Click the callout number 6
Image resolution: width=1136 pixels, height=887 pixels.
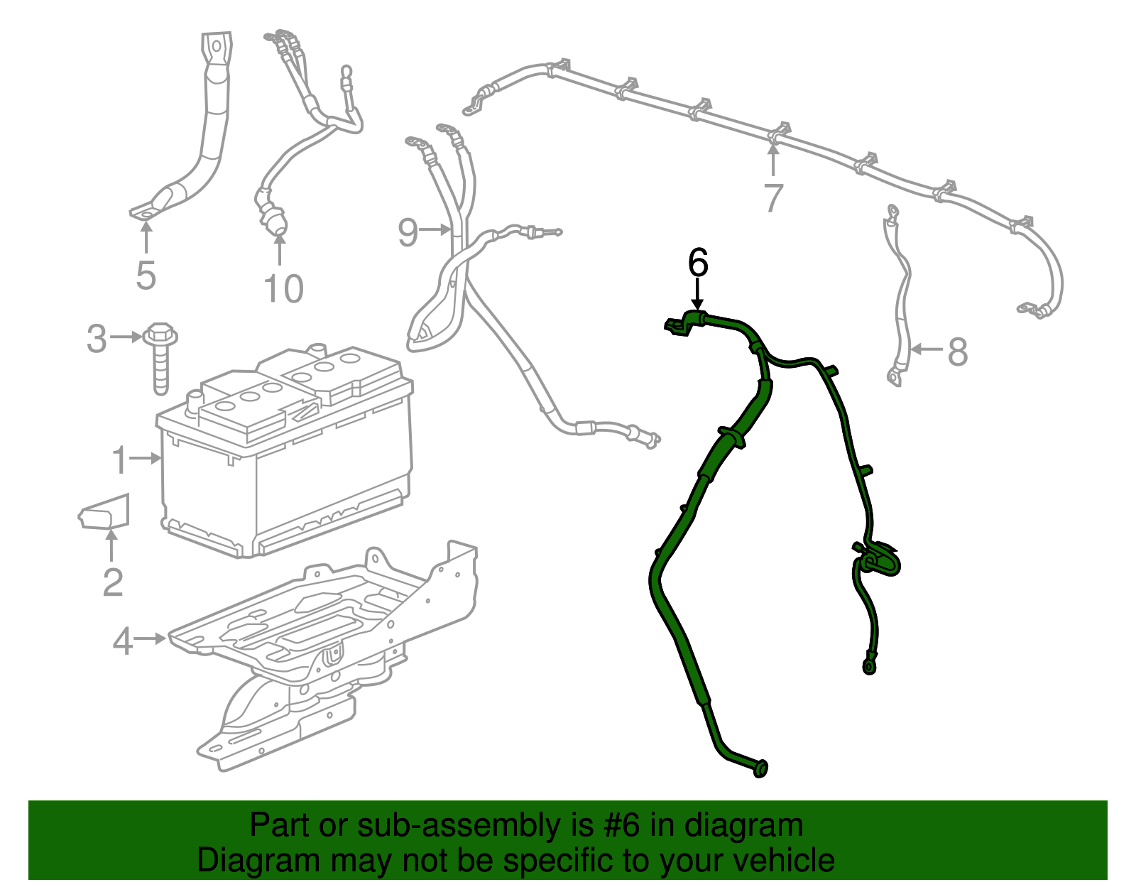[x=698, y=263]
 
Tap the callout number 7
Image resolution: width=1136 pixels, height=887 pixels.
[x=773, y=198]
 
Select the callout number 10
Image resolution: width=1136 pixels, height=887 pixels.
[x=283, y=289]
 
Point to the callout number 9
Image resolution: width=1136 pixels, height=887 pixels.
[x=408, y=232]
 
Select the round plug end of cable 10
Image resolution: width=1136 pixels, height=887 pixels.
[x=275, y=222]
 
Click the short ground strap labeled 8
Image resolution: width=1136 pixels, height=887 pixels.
[x=900, y=298]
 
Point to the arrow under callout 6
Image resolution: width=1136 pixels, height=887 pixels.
[x=698, y=293]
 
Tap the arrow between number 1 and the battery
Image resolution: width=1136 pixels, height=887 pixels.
[x=146, y=459]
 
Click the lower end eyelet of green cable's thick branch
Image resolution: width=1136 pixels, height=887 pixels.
[x=760, y=769]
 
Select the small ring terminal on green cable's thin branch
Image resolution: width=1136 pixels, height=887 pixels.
[x=868, y=666]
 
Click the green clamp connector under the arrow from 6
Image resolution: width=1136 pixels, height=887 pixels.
[x=683, y=324]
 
